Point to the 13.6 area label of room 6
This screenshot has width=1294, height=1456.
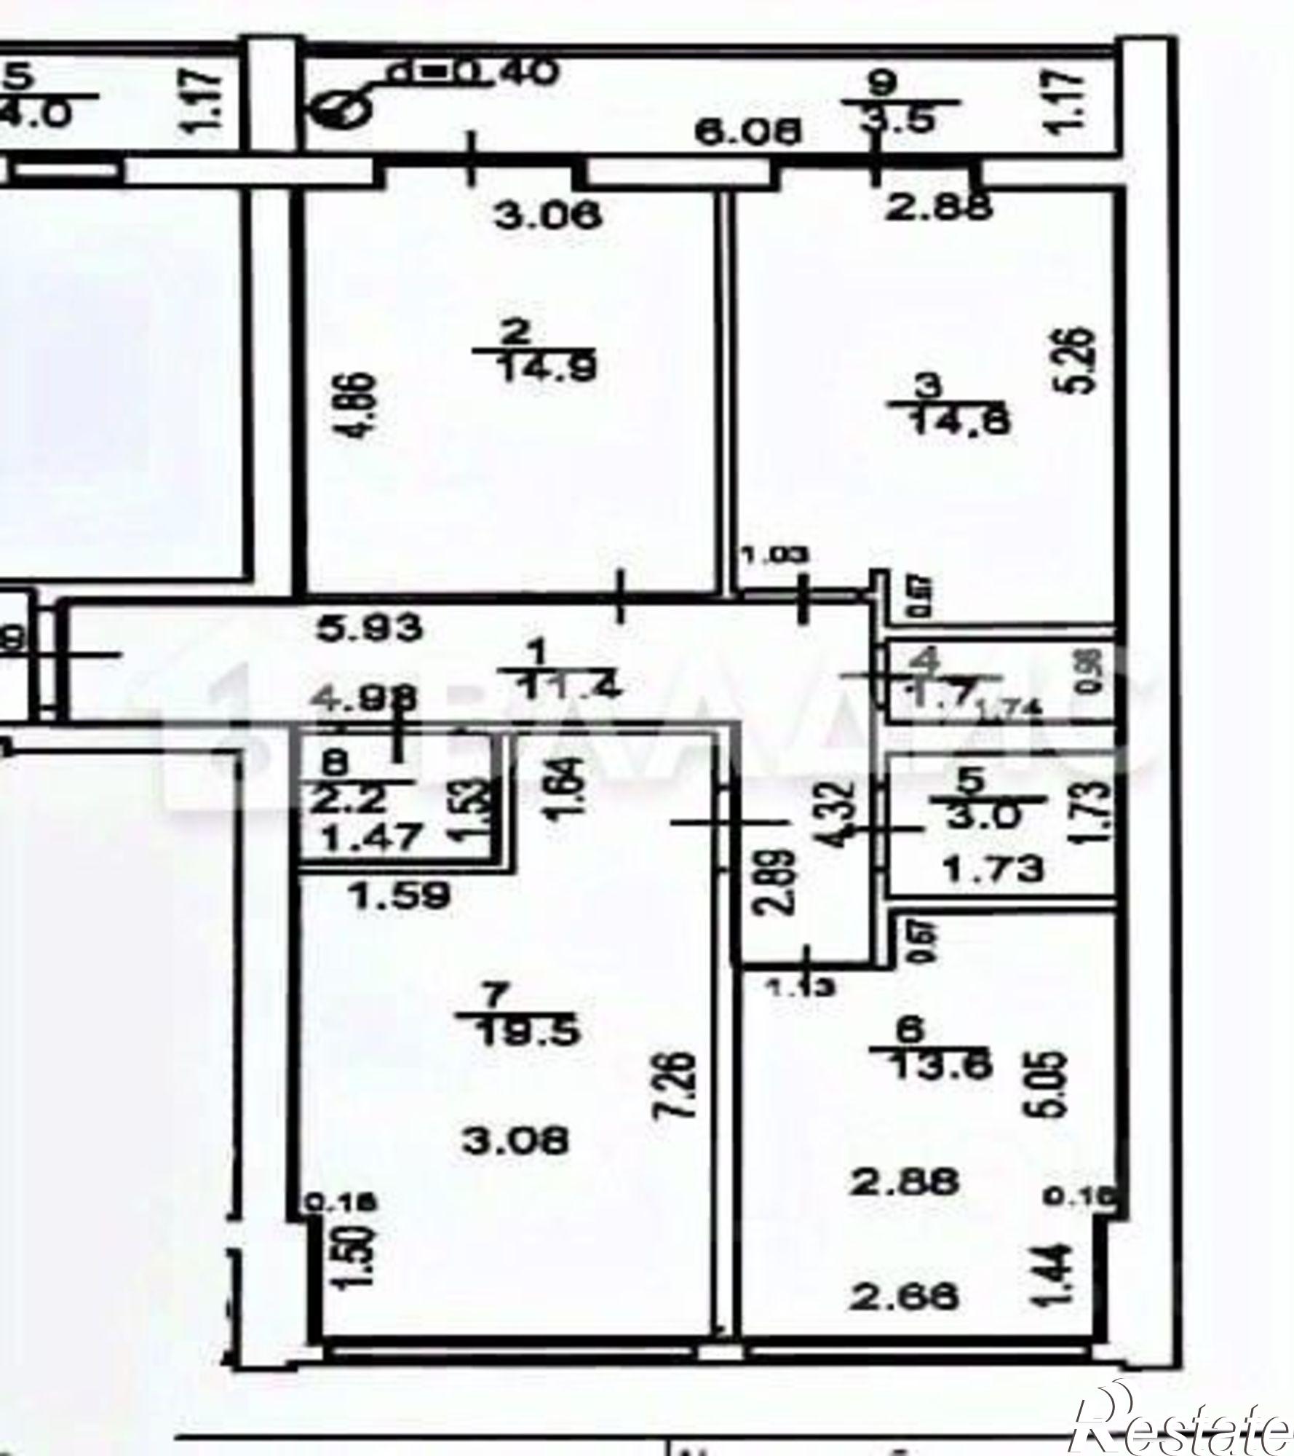(x=940, y=1065)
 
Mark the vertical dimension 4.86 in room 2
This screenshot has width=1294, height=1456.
(x=362, y=404)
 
